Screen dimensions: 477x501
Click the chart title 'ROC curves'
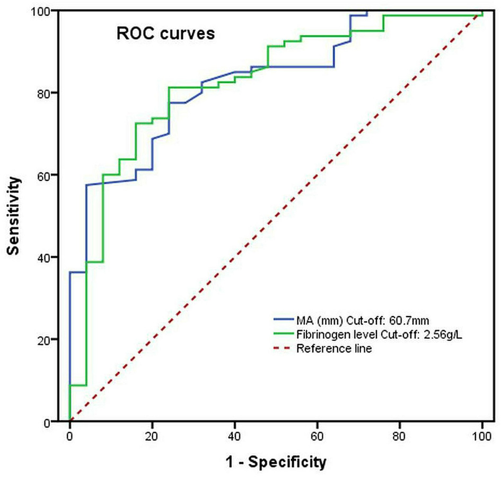point(165,35)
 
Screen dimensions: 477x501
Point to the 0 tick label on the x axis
point(69,436)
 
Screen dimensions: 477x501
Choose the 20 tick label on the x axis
point(152,436)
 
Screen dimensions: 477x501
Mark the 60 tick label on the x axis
point(317,436)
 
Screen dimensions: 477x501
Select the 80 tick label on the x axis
point(400,436)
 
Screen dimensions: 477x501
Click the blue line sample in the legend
point(281,319)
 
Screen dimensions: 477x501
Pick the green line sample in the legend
point(281,334)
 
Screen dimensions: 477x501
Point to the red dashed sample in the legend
point(281,349)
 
